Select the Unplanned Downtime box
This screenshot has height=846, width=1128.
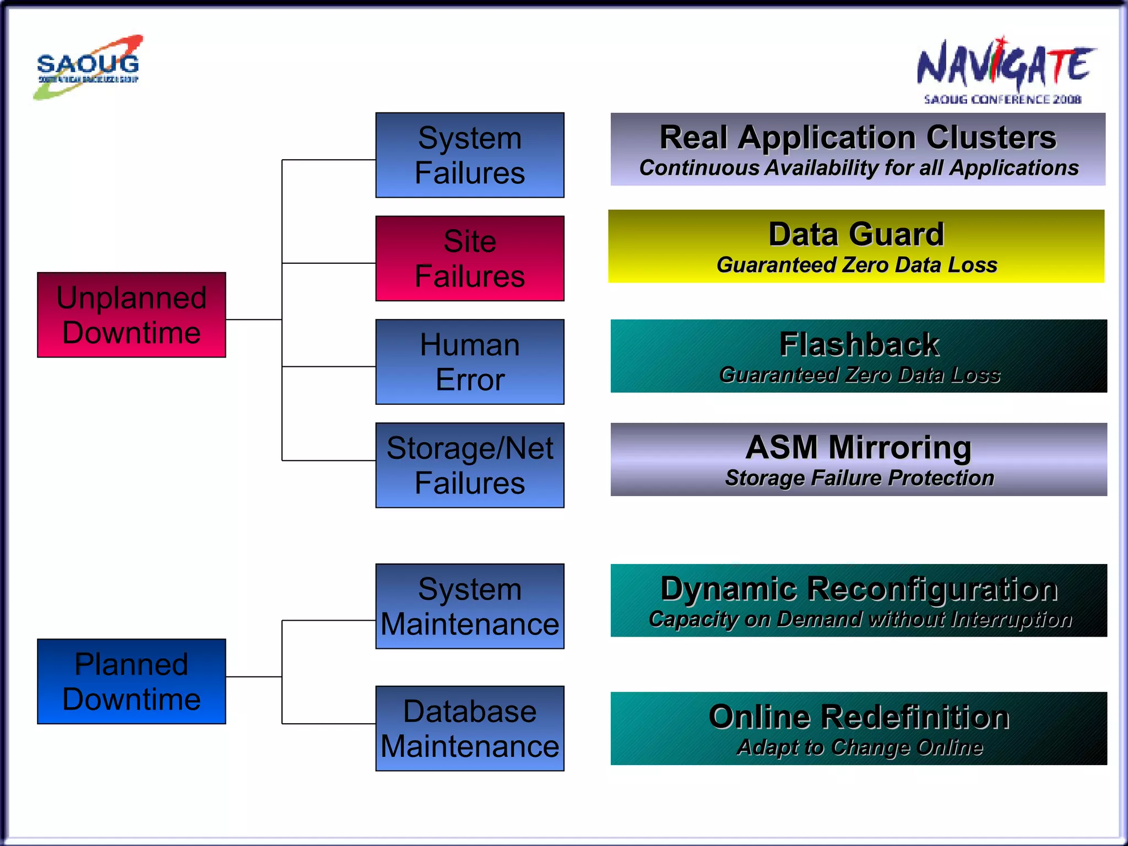[132, 315]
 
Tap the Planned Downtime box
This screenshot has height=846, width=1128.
[132, 681]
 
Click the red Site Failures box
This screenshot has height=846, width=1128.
[470, 258]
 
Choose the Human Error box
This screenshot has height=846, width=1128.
[470, 362]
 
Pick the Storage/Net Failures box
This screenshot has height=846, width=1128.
[470, 465]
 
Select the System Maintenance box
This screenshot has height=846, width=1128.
[470, 606]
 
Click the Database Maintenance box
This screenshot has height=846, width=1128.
[470, 728]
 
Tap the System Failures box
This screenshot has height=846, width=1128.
[470, 155]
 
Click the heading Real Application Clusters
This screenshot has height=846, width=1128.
[858, 137]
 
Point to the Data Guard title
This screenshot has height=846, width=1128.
[856, 234]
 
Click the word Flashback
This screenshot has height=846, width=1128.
[859, 344]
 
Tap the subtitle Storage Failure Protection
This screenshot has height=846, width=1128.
[859, 478]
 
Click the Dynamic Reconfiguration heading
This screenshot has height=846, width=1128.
[859, 588]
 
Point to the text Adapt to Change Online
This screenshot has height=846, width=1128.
[859, 747]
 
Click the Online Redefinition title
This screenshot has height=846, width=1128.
[859, 717]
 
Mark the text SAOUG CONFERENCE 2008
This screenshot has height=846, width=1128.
[1002, 100]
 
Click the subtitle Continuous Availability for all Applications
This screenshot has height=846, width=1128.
[858, 168]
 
